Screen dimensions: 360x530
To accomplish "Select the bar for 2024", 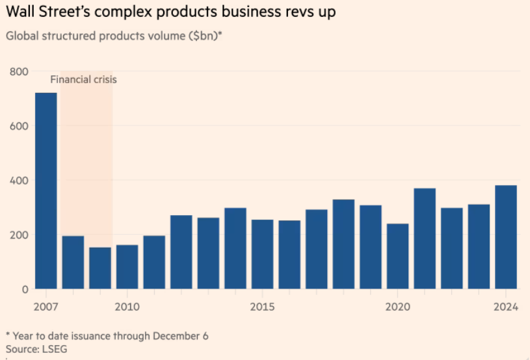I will click(x=506, y=237).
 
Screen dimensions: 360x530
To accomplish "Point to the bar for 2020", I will click(x=397, y=256).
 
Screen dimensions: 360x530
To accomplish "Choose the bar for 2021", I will click(x=425, y=238).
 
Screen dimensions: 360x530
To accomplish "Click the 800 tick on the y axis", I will click(x=19, y=71).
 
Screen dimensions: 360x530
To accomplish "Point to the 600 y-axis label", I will click(x=19, y=125).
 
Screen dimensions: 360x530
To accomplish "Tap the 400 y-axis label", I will click(x=19, y=180).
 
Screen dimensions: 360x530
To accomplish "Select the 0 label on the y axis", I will click(x=24, y=289).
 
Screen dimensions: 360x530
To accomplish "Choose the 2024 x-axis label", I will click(x=506, y=307).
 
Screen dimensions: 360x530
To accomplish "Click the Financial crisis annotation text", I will click(x=84, y=80).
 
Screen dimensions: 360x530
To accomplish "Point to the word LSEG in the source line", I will click(x=55, y=349).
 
